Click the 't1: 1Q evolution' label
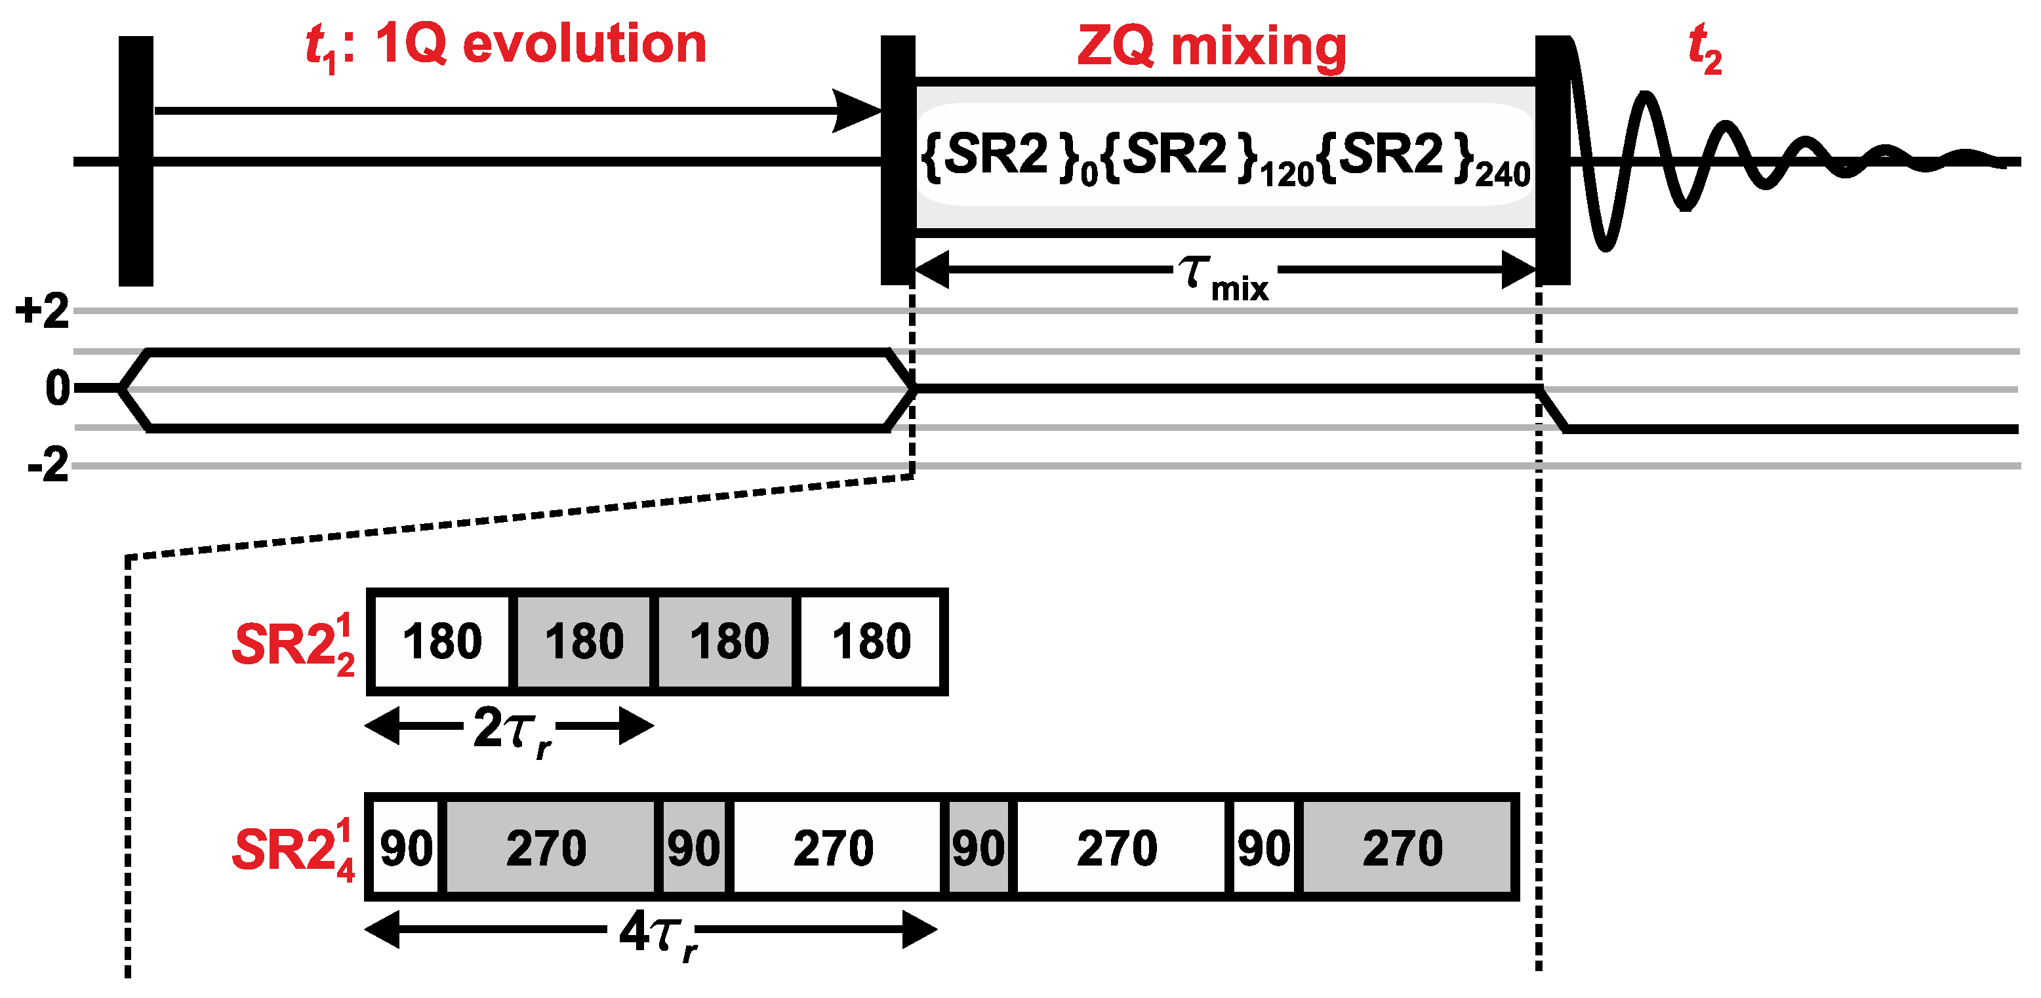point(506,45)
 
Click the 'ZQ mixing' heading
point(1211,47)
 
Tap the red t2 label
point(1705,49)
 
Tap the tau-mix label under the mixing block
point(1224,278)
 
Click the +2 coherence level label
point(43,311)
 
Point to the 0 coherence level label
point(57,389)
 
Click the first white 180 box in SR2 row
point(441,641)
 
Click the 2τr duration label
point(512,730)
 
